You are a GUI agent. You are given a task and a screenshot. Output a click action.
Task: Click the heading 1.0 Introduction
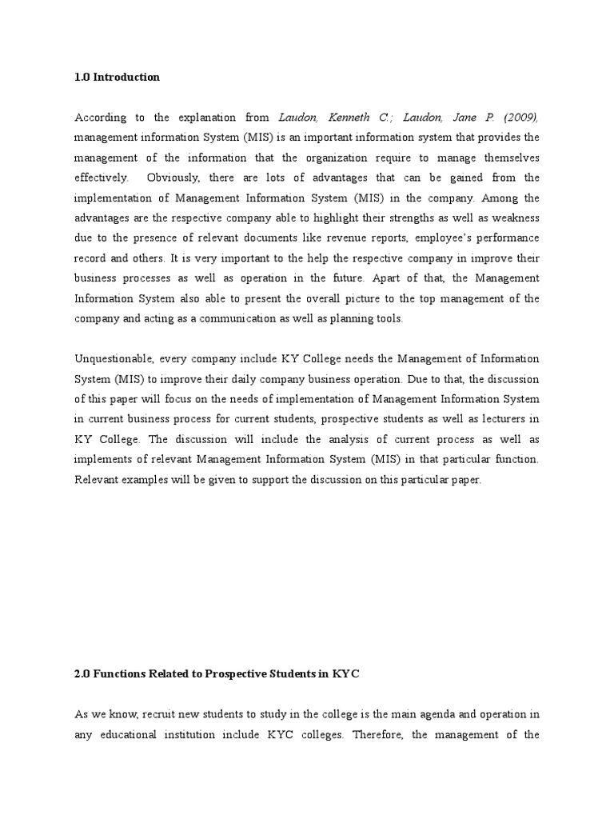(x=117, y=78)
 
